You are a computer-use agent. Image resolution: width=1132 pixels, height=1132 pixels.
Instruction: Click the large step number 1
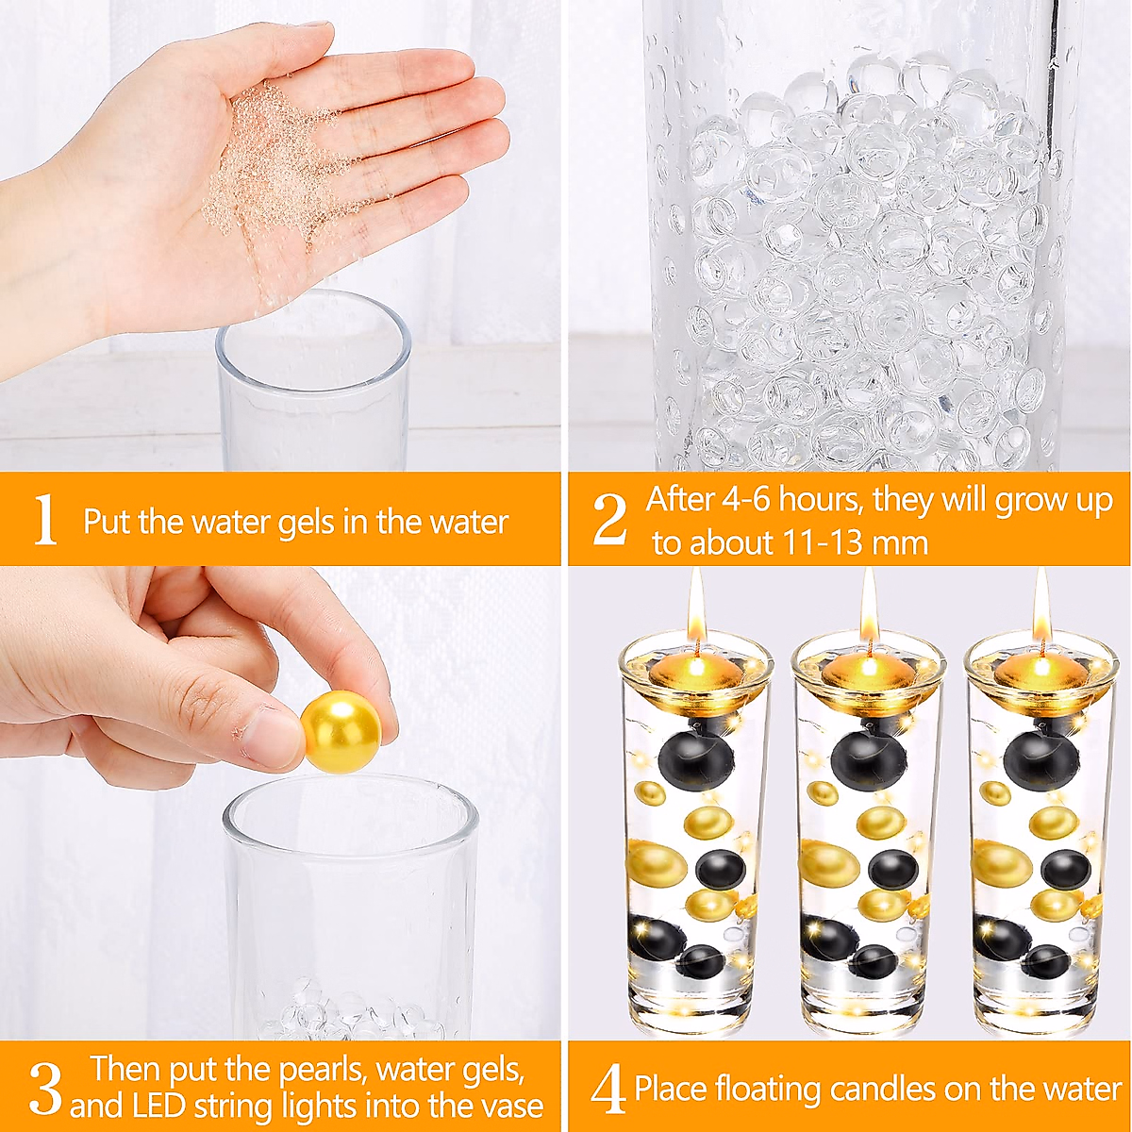tap(45, 519)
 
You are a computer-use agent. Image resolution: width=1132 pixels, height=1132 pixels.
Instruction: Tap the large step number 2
tap(609, 519)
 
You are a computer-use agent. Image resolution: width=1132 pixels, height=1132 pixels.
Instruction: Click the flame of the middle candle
tap(868, 608)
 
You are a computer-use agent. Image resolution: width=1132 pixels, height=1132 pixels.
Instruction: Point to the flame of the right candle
tap(1040, 608)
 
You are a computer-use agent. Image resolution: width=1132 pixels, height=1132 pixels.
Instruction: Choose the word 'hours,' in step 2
tap(822, 501)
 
